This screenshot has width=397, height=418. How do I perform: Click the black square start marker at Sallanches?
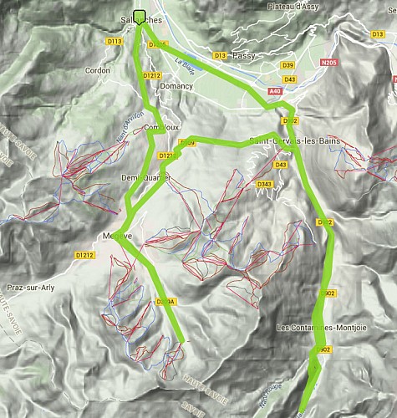click(139, 14)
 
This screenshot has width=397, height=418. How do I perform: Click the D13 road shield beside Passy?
click(220, 55)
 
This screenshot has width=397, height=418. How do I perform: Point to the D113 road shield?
click(115, 40)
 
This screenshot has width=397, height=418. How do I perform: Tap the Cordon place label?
click(97, 71)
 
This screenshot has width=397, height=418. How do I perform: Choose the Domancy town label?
click(176, 85)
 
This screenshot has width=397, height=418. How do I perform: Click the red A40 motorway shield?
click(276, 90)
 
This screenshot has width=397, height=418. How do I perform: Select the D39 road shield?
click(288, 64)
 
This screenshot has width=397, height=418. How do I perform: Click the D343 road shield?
click(265, 184)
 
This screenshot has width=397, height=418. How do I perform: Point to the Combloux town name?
click(161, 127)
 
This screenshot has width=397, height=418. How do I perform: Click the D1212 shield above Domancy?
click(151, 75)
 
